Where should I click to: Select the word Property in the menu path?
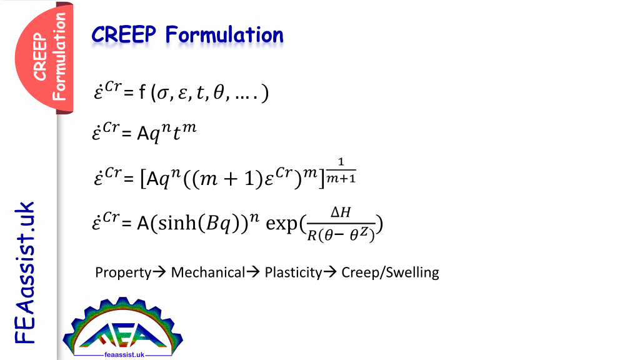(x=122, y=272)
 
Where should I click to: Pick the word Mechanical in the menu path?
(x=207, y=272)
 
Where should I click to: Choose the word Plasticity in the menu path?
(x=292, y=272)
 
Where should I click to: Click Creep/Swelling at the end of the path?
(x=390, y=272)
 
